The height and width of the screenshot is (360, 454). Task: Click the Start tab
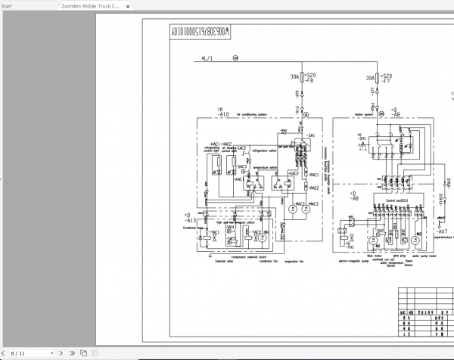click(7, 5)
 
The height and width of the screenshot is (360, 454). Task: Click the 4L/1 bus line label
click(207, 58)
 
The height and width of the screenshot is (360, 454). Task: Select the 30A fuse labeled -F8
click(303, 77)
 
